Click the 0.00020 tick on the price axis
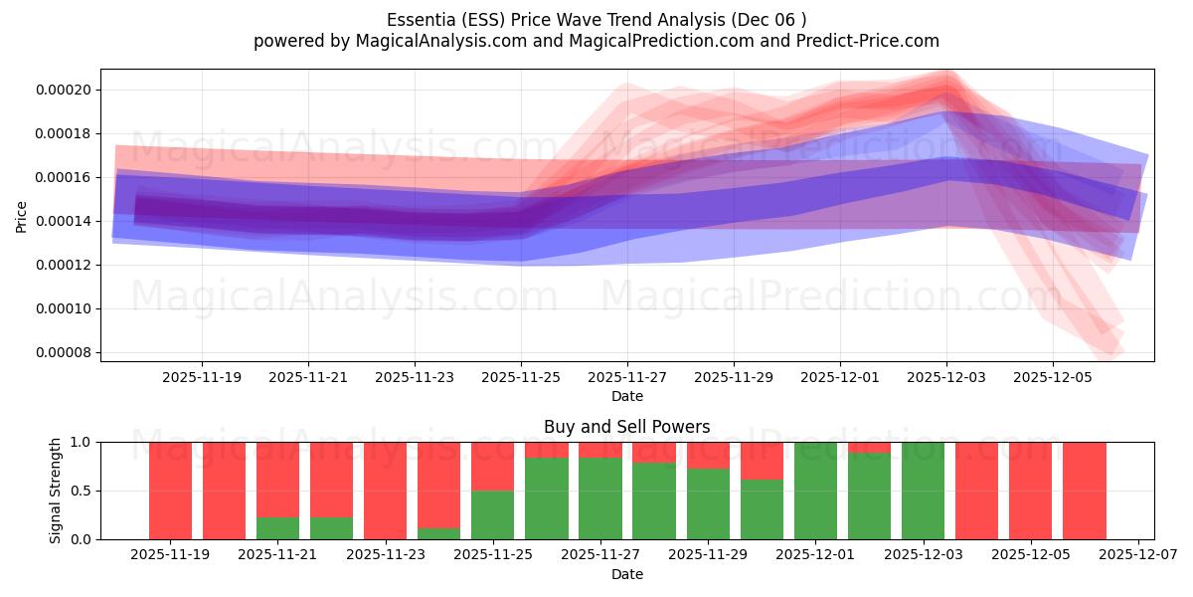pos(63,90)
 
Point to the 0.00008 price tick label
pos(63,352)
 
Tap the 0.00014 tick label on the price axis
pos(63,221)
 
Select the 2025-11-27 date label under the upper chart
pos(627,378)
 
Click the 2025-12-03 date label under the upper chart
pos(946,378)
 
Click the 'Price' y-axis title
pos(22,215)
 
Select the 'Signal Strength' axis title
pos(56,491)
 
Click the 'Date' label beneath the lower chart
pos(627,574)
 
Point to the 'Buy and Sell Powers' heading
pos(627,427)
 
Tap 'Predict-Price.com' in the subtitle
pos(863,41)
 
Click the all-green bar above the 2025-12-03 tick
pos(924,491)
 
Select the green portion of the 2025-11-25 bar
pos(493,514)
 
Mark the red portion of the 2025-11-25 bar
pos(493,466)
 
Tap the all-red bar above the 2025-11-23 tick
pos(386,491)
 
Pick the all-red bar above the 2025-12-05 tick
pos(1031,491)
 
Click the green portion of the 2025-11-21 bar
pos(278,528)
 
